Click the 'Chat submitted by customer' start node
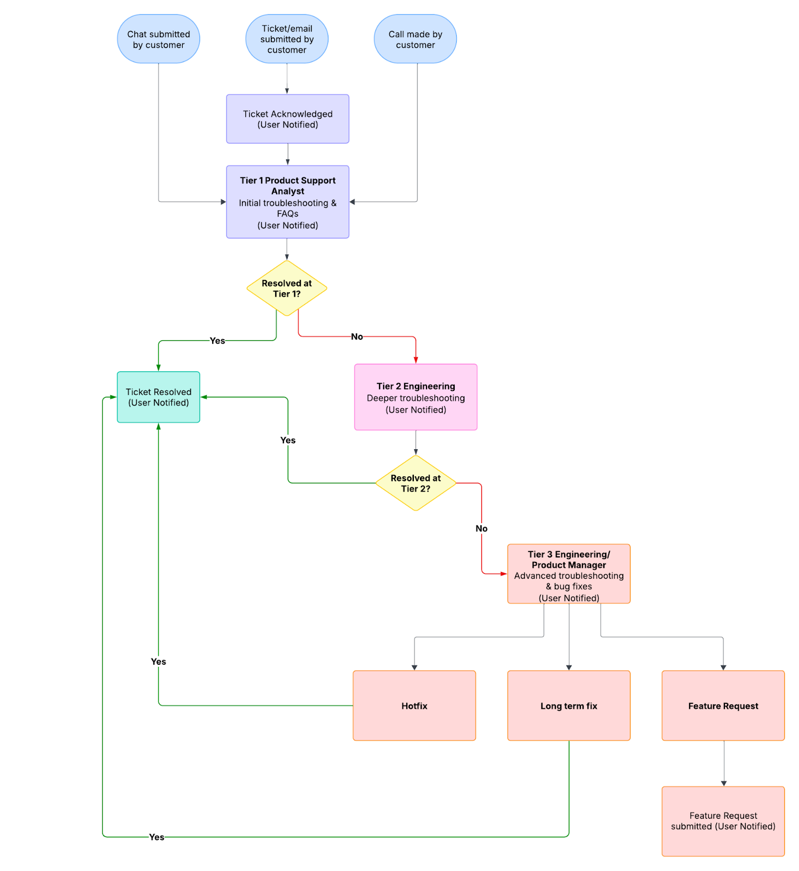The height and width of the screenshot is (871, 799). [x=158, y=39]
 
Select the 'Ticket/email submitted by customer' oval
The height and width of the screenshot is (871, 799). [x=287, y=39]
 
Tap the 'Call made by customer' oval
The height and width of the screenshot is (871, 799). [x=415, y=39]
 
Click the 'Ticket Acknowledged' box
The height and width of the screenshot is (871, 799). [x=288, y=119]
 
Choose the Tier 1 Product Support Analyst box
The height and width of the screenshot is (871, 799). [x=288, y=202]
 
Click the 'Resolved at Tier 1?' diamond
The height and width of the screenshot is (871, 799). [x=287, y=289]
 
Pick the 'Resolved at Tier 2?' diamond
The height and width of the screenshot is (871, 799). [x=416, y=483]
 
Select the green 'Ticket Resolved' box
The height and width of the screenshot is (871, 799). [x=158, y=397]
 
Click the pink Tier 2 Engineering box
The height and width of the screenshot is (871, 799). [x=416, y=397]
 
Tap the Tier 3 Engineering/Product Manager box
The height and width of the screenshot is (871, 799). [x=569, y=574]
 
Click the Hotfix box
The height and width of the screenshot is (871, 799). [x=414, y=706]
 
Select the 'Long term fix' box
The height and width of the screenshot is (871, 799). [x=569, y=706]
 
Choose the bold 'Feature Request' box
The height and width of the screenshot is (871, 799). [x=723, y=706]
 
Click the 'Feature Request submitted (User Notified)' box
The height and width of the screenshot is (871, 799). [x=723, y=821]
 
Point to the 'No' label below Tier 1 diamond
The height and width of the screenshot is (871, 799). [x=357, y=337]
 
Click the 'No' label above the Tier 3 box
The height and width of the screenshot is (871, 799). [x=481, y=529]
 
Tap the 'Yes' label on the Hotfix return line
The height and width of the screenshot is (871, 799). [x=158, y=662]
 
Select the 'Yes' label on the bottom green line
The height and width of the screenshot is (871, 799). [x=157, y=837]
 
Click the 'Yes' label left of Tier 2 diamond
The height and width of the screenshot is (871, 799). [x=288, y=440]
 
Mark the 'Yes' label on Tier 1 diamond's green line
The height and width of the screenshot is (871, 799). [x=217, y=341]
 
